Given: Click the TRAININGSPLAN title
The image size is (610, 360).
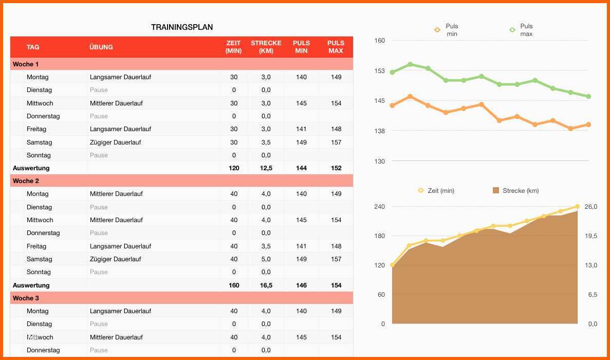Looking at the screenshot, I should point(182,27).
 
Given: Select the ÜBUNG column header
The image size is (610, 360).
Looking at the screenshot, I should point(101,47).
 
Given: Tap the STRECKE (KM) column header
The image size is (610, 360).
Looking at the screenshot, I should point(266,47).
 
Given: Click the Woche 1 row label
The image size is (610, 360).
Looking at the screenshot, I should point(26,64).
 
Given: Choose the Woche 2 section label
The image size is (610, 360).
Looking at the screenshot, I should point(26,181).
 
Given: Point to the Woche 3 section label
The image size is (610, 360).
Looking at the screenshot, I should point(26,298).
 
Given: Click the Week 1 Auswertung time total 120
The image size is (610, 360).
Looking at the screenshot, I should point(234,168).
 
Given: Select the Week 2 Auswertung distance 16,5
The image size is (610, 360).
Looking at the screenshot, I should point(266,285).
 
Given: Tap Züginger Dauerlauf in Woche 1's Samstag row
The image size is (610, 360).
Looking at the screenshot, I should point(115,142).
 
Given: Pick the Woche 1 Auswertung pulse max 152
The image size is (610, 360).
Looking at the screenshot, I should point(336,168).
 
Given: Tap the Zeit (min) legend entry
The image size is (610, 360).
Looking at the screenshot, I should point(436,191).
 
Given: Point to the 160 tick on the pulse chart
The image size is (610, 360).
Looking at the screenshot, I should point(380,41).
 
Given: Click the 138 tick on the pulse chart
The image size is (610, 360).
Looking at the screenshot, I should point(380,131).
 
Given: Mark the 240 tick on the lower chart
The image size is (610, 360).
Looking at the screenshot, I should point(380,207).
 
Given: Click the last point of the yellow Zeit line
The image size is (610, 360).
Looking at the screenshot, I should point(577,207).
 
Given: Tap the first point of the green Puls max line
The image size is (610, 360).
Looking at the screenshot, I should point(393,73).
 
